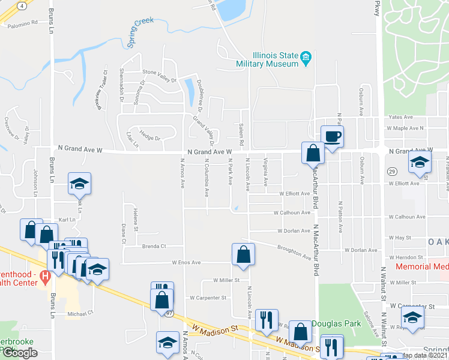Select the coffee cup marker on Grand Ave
[332, 136]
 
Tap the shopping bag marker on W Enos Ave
[243, 254]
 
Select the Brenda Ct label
[154, 246]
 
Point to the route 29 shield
[390, 172]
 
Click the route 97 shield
[170, 313]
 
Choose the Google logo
[20, 353]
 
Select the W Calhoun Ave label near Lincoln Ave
[292, 212]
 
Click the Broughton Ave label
[294, 252]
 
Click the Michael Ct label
[80, 313]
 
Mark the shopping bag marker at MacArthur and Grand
[313, 153]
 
